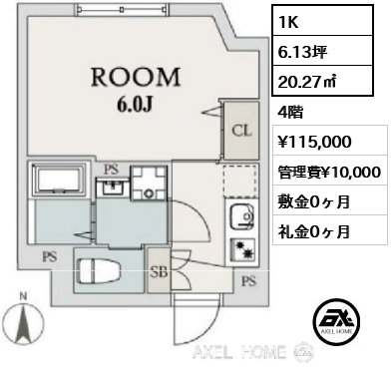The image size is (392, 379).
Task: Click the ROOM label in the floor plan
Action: point(136,77)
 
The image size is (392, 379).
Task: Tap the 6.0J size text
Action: point(135,105)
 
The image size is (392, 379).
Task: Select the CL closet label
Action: point(241,131)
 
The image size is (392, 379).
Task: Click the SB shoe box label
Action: point(160,272)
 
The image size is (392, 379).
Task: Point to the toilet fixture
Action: point(100,271)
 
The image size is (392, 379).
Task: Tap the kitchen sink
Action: point(241,216)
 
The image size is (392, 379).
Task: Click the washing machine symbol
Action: point(149,183)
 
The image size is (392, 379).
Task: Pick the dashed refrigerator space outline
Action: point(239,180)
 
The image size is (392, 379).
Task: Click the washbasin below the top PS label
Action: point(112,187)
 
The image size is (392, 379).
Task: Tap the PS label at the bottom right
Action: point(248,282)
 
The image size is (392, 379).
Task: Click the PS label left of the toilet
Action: point(50,256)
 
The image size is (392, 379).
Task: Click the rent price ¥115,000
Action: point(314,142)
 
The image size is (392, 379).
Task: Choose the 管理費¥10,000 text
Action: point(329,172)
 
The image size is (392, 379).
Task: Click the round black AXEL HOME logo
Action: point(336,322)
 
